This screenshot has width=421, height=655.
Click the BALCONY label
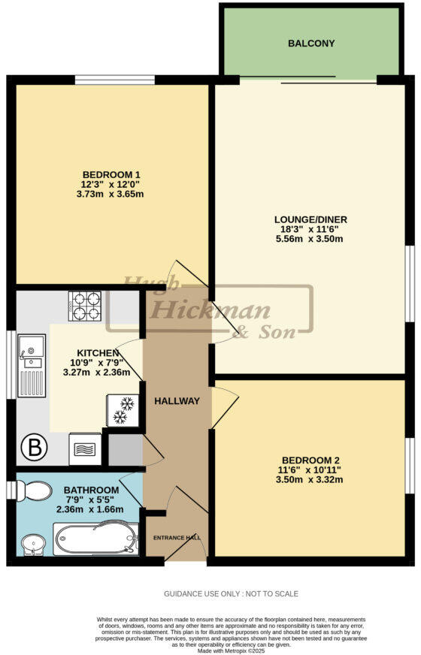[311, 44]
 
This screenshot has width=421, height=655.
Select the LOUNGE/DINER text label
[310, 219]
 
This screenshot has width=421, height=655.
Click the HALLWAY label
[177, 401]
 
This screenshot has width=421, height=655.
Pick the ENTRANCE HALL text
[177, 538]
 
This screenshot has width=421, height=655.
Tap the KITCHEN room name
[97, 352]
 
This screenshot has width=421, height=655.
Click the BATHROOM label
[91, 490]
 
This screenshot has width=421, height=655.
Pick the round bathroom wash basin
[32, 543]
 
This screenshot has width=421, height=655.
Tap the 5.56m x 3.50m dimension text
[310, 240]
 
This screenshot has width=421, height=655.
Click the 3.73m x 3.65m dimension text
[111, 194]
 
